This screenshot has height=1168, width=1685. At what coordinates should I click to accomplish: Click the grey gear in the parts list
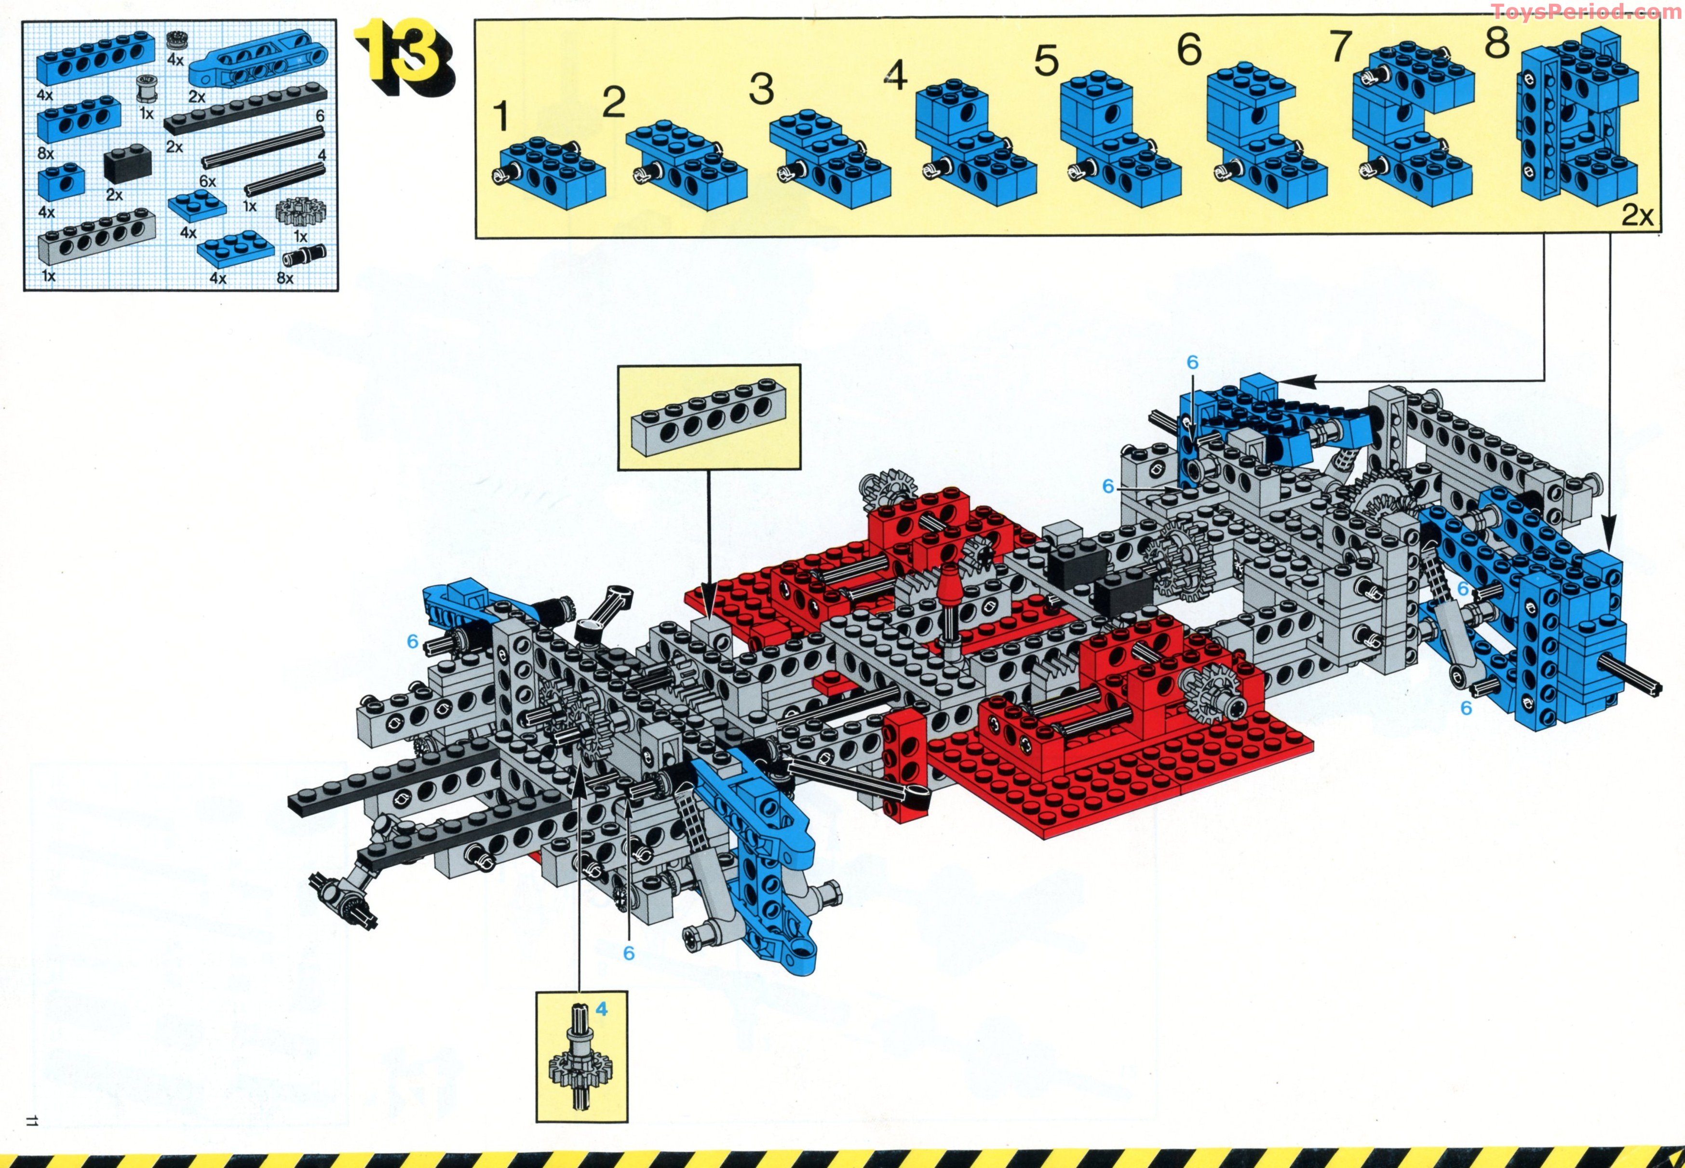(300, 212)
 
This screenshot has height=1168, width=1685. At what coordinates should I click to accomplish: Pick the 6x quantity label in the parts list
(207, 181)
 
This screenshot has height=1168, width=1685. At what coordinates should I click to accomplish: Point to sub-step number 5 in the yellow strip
(1046, 61)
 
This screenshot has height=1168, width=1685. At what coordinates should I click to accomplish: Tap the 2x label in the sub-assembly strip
(1637, 215)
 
